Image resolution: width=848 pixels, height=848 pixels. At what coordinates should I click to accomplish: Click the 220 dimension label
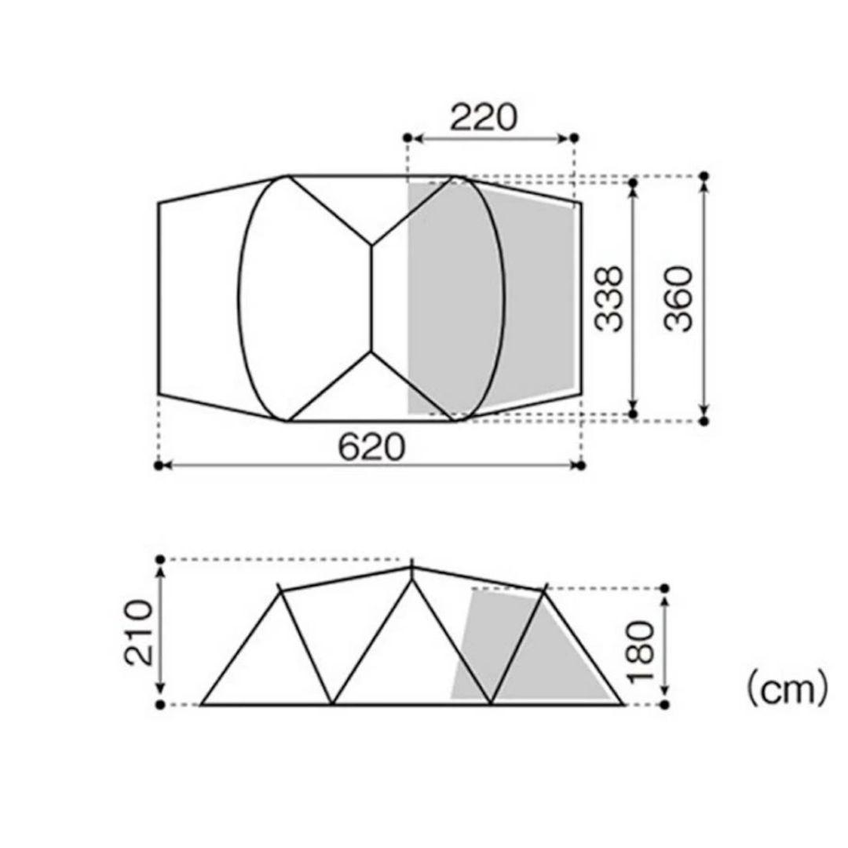483,117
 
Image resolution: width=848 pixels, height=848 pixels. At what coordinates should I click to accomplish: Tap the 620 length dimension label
371,448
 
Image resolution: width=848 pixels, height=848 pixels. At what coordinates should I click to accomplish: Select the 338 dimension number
609,298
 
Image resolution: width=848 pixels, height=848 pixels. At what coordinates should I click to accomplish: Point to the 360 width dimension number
678,298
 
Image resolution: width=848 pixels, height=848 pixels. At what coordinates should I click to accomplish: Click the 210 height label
138,632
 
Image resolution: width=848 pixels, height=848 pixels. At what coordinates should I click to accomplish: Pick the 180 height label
640,652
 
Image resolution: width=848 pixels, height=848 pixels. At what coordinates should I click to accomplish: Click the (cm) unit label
787,689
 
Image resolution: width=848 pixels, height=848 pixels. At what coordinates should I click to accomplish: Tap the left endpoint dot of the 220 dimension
408,138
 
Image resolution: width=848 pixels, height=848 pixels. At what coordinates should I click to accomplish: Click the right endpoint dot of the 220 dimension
574,138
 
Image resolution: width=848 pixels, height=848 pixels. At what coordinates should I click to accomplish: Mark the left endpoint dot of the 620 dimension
159,465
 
